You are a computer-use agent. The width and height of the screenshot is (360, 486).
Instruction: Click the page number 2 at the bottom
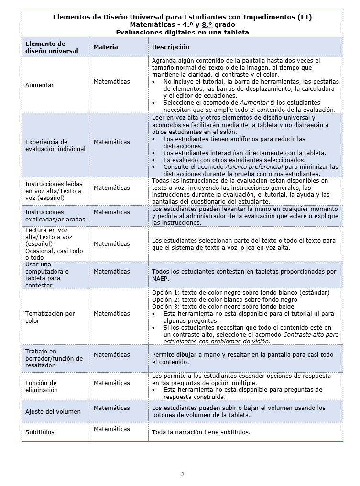click(x=182, y=475)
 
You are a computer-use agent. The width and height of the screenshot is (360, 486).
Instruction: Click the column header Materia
click(x=106, y=47)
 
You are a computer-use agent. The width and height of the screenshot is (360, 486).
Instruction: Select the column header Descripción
click(x=171, y=47)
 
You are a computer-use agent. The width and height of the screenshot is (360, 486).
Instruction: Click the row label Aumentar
click(x=40, y=85)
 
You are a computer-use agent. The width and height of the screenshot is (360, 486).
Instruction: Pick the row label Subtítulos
click(x=40, y=432)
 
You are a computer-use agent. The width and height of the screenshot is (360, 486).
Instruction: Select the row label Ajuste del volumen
click(x=53, y=412)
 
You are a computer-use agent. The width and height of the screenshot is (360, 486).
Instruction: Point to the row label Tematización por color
click(x=50, y=317)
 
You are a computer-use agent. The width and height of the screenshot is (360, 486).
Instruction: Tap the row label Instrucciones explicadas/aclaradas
click(x=55, y=216)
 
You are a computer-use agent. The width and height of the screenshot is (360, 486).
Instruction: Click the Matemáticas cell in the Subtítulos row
click(x=112, y=429)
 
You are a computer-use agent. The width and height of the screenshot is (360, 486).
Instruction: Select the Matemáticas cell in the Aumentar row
click(x=112, y=82)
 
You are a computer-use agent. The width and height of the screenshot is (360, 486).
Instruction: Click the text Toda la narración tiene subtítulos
click(x=201, y=432)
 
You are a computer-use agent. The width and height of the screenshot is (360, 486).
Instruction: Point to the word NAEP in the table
click(x=161, y=278)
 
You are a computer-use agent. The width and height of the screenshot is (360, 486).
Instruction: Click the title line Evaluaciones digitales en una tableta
click(x=182, y=32)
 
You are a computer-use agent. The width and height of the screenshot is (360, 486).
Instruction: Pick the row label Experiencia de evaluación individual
click(x=55, y=145)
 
